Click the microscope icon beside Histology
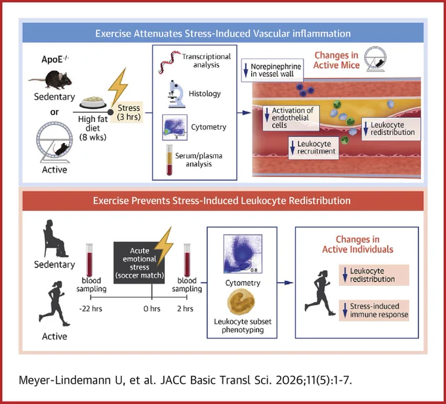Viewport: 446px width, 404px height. point(176,94)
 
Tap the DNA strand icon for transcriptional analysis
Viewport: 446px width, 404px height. point(170,62)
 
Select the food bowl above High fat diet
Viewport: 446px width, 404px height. point(92,102)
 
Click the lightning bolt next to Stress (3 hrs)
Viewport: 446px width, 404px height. point(118,86)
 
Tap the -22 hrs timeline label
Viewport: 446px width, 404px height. point(91,309)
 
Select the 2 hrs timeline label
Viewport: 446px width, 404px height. point(185,309)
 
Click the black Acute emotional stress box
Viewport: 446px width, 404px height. point(139,263)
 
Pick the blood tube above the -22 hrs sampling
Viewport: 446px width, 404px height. point(89,260)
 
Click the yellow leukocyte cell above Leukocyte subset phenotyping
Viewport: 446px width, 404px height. point(241,302)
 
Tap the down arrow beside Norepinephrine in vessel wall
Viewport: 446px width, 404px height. point(246,70)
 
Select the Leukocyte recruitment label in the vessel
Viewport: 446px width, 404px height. point(314,148)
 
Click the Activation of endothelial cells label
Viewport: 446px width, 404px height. point(291,118)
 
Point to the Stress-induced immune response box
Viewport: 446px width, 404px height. point(374,310)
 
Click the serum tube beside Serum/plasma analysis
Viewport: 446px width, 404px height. point(169,159)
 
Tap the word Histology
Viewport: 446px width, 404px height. point(205,94)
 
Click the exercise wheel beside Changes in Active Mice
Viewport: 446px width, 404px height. point(375,60)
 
